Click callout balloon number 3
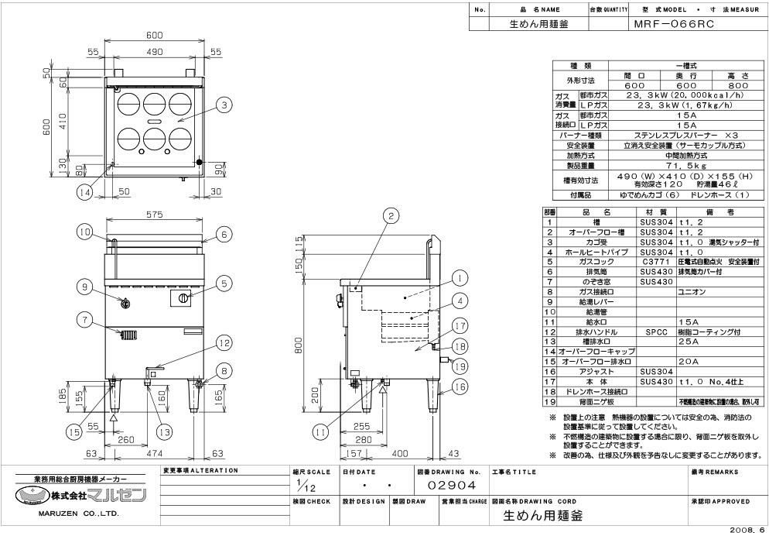(x=222, y=105)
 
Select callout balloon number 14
(x=85, y=192)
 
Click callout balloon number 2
(x=393, y=216)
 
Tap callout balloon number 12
(x=222, y=342)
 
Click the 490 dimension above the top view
(x=154, y=51)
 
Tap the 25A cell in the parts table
(x=685, y=341)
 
